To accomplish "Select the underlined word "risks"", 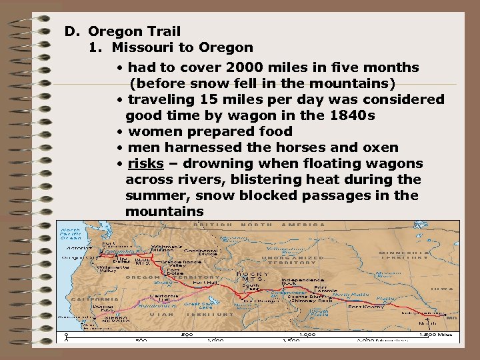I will point(145,163).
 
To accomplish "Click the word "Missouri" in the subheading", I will point(140,47).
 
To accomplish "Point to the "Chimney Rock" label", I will point(316,301).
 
